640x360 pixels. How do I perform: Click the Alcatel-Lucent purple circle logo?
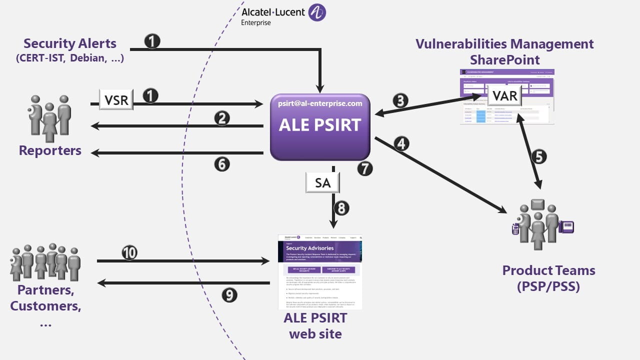pyautogui.click(x=317, y=12)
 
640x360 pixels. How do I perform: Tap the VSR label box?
pyautogui.click(x=116, y=100)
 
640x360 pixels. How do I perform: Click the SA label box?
pyautogui.click(x=322, y=183)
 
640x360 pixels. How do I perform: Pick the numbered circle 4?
pyautogui.click(x=400, y=144)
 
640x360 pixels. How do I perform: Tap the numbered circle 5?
pyautogui.click(x=538, y=157)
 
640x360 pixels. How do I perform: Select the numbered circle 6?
pyautogui.click(x=221, y=163)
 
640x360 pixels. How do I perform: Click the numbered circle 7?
pyautogui.click(x=365, y=168)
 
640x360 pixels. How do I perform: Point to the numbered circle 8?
pyautogui.click(x=340, y=207)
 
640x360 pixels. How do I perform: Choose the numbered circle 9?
pyautogui.click(x=229, y=295)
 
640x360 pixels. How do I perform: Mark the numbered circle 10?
pyautogui.click(x=129, y=253)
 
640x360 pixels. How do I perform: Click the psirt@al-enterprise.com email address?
pyautogui.click(x=320, y=103)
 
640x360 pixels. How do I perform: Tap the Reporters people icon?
pyautogui.click(x=49, y=118)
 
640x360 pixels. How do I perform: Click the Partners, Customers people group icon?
pyautogui.click(x=45, y=262)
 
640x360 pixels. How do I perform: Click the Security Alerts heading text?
pyautogui.click(x=70, y=43)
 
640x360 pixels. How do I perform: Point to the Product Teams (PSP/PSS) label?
pyautogui.click(x=548, y=278)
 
